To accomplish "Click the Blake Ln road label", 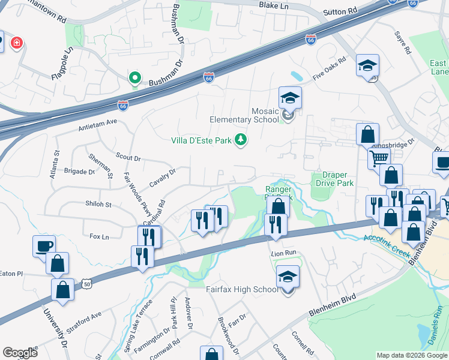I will [x=274, y=5].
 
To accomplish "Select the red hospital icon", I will [x=16, y=43].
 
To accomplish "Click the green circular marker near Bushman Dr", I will [x=136, y=78].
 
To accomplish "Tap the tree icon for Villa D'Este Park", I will [x=241, y=140].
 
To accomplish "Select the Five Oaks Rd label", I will [x=330, y=70].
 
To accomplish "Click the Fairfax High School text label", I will [x=242, y=289].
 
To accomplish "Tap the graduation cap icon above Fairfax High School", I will [x=288, y=277].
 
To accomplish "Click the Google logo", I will [x=20, y=352].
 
